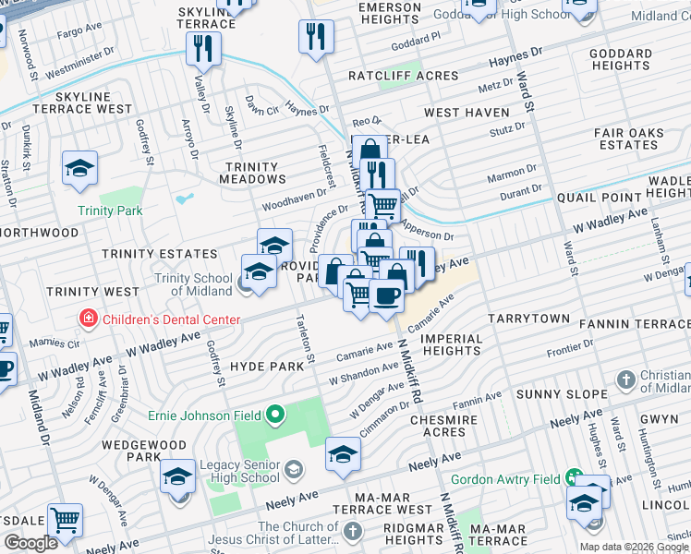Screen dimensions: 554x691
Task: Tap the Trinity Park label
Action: click(110, 211)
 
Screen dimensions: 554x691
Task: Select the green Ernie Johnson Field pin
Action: click(274, 415)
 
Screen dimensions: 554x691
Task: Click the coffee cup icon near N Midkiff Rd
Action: click(386, 297)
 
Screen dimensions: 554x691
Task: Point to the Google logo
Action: click(30, 543)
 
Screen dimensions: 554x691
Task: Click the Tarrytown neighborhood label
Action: click(529, 318)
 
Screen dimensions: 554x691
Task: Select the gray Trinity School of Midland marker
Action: click(245, 283)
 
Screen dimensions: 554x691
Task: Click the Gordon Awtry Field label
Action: click(506, 480)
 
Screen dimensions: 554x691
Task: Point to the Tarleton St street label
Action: click(303, 343)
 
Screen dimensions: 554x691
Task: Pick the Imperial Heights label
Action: click(452, 344)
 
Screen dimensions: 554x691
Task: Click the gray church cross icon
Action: click(626, 379)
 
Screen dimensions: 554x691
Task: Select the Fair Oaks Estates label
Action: click(629, 139)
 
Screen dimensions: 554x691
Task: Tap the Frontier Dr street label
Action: click(568, 348)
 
